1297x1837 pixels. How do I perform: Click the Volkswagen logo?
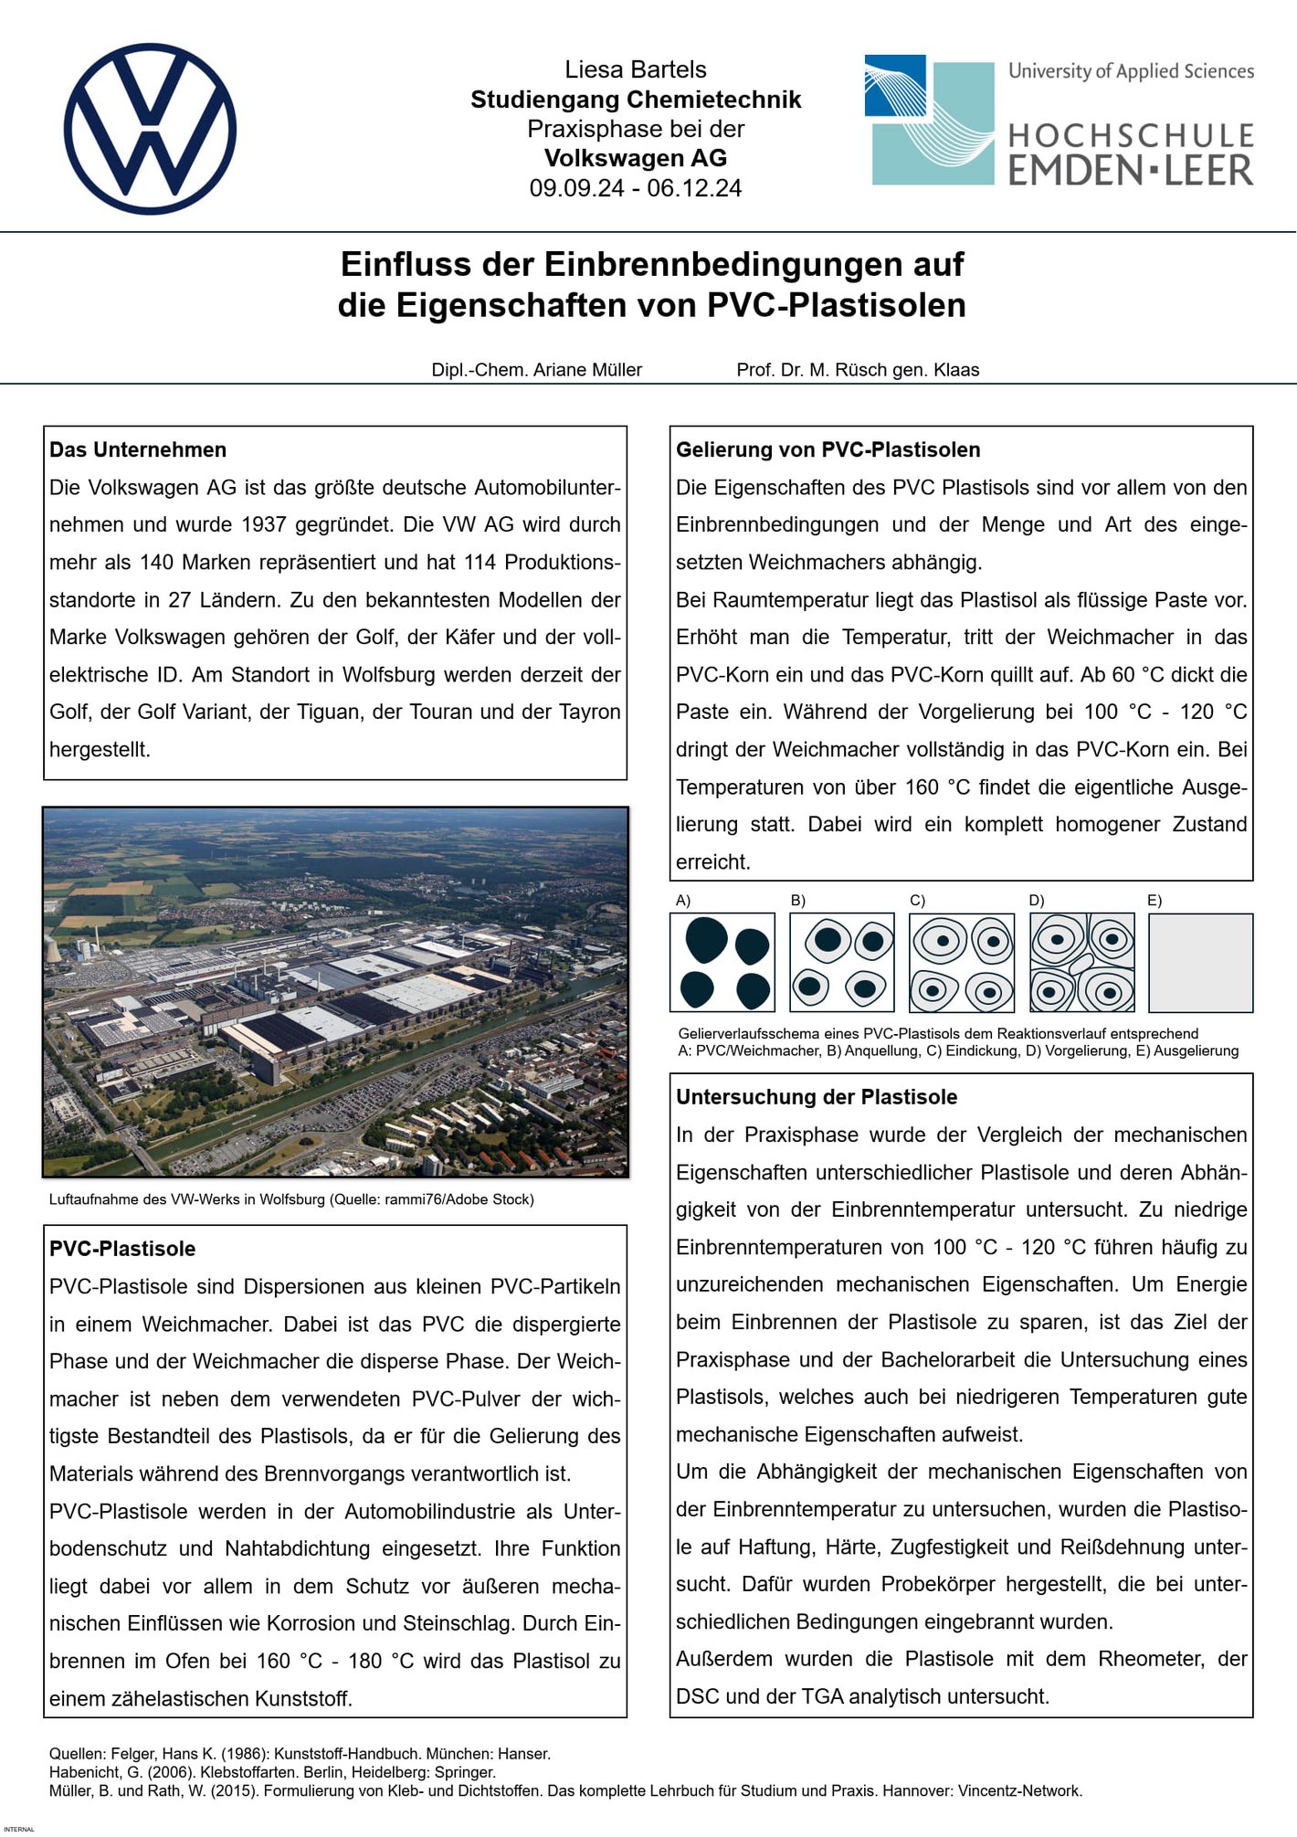(150, 129)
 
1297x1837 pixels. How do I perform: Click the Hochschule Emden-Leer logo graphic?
(929, 121)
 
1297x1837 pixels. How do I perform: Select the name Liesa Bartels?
(635, 69)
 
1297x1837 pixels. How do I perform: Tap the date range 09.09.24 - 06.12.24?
(635, 188)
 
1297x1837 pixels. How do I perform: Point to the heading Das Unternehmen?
(138, 449)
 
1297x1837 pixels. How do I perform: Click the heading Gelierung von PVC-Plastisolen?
(828, 449)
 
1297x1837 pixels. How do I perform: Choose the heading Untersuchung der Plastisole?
(817, 1097)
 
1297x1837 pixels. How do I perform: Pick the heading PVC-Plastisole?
(122, 1249)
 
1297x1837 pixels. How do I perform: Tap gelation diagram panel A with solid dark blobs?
(722, 963)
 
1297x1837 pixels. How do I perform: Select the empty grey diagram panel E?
(1200, 963)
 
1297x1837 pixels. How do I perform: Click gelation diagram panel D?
(1081, 963)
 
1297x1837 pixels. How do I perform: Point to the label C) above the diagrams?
(917, 901)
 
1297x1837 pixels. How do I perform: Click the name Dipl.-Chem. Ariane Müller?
(536, 370)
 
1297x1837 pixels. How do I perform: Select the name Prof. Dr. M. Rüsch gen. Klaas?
(858, 370)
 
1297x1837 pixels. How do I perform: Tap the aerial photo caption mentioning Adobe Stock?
(291, 1199)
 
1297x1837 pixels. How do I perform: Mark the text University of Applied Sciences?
(1131, 71)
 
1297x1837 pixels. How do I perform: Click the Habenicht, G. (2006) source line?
(272, 1772)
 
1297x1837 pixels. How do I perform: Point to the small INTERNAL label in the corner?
(19, 1830)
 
